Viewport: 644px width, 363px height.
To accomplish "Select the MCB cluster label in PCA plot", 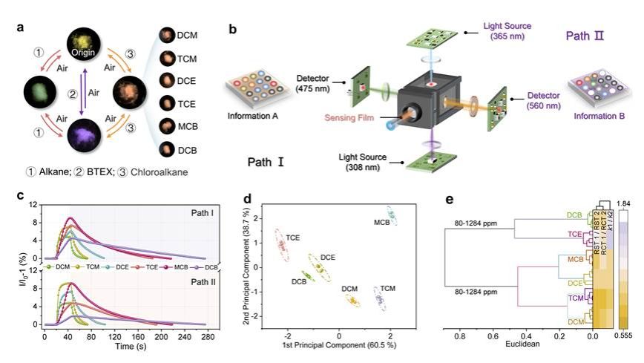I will [381, 223].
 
